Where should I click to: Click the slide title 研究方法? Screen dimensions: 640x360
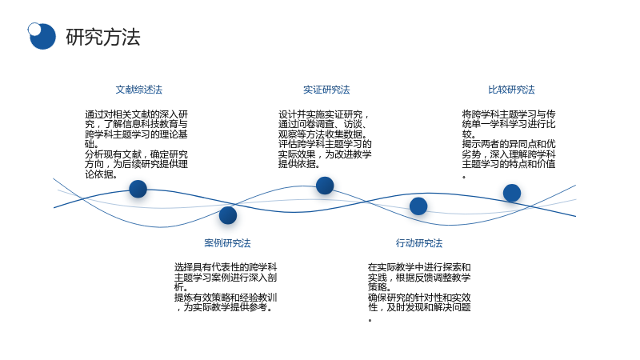(103, 37)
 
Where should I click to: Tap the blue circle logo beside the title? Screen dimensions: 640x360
(42, 36)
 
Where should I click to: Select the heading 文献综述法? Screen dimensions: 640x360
(138, 90)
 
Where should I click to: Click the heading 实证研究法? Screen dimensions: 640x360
(326, 90)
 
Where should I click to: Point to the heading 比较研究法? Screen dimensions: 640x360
(511, 90)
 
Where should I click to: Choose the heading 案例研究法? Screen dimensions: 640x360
(227, 243)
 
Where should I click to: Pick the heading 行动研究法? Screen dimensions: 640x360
(419, 243)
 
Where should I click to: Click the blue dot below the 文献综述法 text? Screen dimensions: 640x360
(138, 189)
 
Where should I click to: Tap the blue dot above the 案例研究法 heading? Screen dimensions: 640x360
(228, 215)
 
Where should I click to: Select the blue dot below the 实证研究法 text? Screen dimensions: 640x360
(325, 186)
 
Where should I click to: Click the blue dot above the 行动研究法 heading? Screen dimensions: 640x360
(418, 206)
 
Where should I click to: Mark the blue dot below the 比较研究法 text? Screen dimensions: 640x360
(512, 193)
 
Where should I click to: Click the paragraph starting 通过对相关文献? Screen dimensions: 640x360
(136, 144)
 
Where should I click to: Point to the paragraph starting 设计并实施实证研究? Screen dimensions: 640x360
(325, 139)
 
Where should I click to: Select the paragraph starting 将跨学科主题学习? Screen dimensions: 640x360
(509, 144)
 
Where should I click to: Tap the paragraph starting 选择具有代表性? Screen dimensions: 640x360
(226, 287)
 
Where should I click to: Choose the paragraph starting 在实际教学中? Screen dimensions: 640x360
(419, 292)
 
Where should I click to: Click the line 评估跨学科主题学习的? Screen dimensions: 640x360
(325, 144)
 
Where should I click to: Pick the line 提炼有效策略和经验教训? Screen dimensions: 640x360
(226, 298)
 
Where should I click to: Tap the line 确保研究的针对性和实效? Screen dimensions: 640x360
(419, 298)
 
